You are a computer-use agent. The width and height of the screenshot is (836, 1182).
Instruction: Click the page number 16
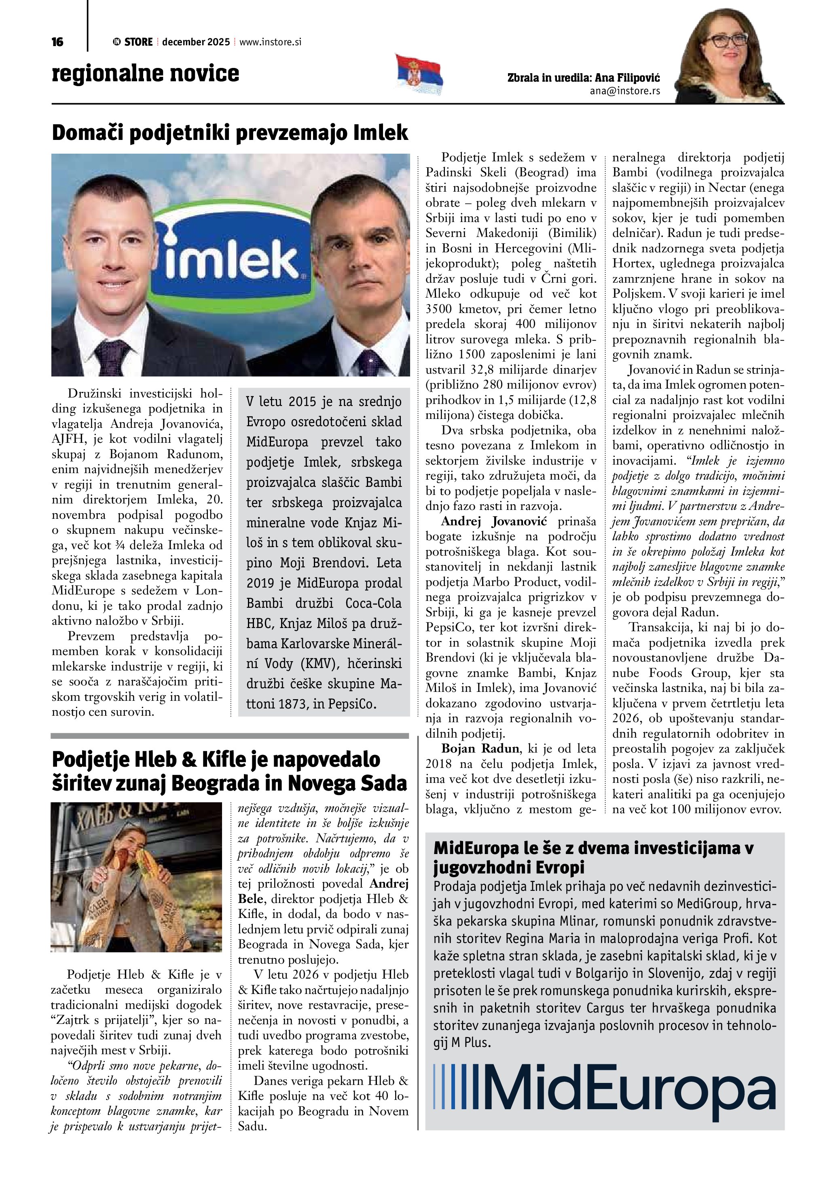click(57, 42)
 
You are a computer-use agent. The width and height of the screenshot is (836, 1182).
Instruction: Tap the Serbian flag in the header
click(419, 75)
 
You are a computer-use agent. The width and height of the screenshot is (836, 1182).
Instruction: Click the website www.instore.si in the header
click(270, 42)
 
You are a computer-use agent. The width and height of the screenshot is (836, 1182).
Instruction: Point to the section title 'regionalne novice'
click(146, 74)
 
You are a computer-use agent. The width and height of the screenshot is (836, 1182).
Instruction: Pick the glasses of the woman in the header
click(725, 40)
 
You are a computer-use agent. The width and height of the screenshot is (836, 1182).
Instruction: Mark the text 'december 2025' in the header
click(196, 42)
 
